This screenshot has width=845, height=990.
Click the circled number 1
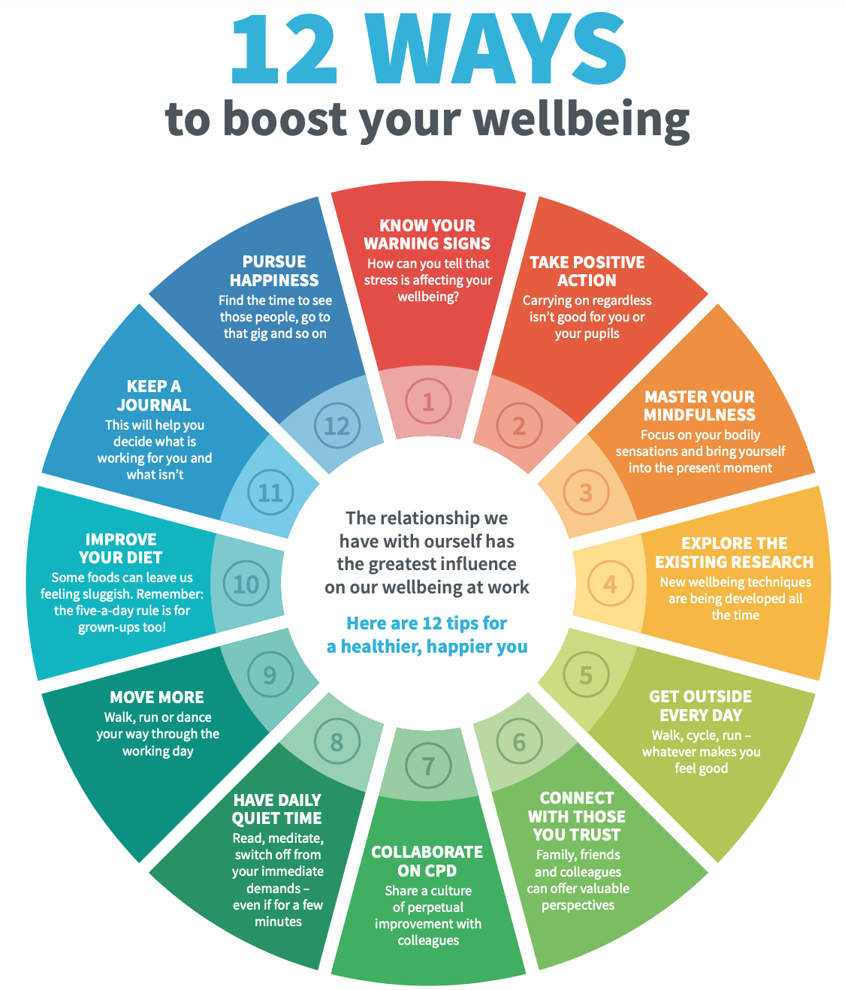click(x=428, y=402)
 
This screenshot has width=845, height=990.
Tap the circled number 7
click(x=428, y=766)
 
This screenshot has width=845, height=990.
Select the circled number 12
click(x=336, y=426)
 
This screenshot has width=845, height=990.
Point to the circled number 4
click(x=610, y=584)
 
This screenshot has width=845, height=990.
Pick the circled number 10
click(x=246, y=584)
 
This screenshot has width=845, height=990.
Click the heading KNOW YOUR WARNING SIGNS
click(x=427, y=234)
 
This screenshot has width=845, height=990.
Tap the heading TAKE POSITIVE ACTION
click(x=587, y=271)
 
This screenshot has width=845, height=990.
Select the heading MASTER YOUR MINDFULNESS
click(x=699, y=406)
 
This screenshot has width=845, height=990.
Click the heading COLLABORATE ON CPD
click(x=427, y=861)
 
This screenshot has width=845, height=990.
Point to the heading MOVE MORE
click(x=157, y=697)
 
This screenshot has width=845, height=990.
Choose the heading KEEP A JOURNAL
click(x=154, y=395)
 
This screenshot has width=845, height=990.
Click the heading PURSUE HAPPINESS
click(x=274, y=270)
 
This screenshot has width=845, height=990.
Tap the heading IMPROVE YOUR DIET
click(x=121, y=548)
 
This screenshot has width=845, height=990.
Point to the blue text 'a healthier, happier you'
click(x=427, y=647)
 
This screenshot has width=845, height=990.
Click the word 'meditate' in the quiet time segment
click(x=296, y=838)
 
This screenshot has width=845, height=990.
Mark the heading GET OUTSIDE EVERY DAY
click(x=700, y=705)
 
